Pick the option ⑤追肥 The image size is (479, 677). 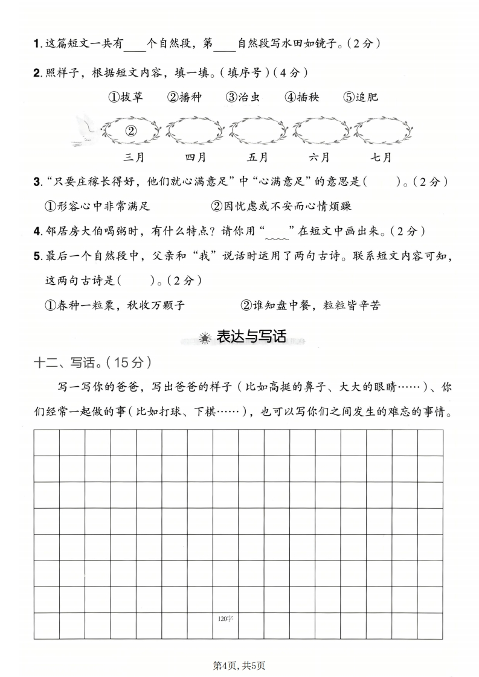point(361,97)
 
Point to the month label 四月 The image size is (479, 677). point(196,158)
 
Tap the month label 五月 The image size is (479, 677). point(258,158)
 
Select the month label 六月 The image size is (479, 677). point(320,158)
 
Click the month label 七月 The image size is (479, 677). point(381,158)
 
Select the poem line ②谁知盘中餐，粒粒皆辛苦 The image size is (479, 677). point(310,305)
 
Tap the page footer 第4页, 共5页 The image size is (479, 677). point(240,666)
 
